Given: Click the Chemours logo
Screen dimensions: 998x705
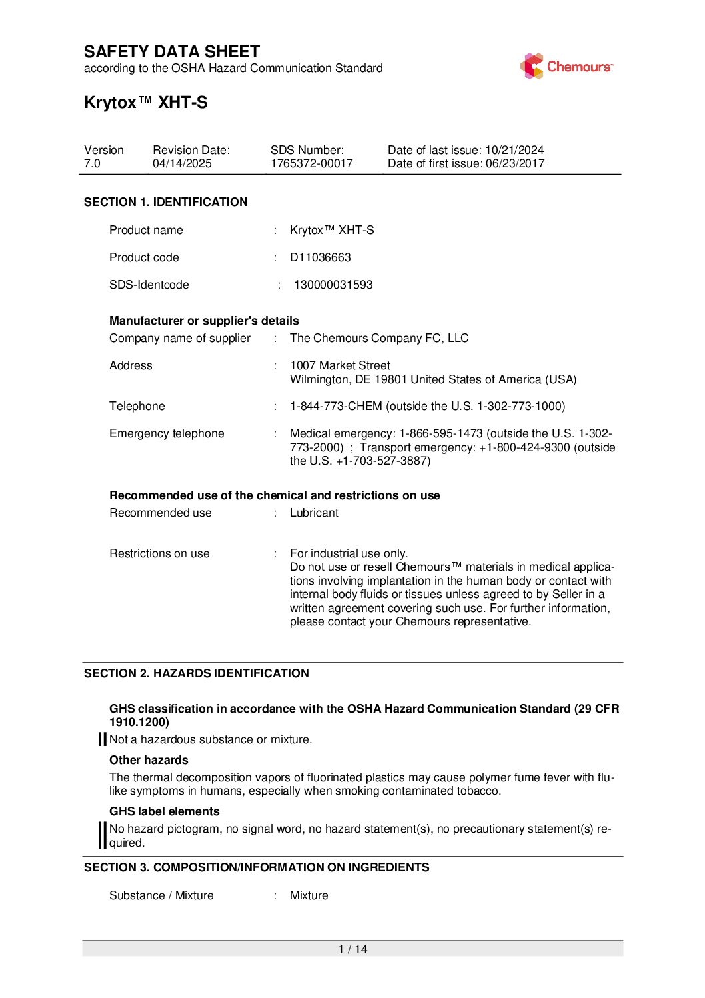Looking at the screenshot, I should [x=566, y=67].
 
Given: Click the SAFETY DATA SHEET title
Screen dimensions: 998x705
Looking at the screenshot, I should [x=172, y=52].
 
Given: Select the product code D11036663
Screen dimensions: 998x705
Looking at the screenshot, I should [x=320, y=257].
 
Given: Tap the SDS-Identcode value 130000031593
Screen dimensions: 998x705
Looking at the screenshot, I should [x=333, y=285].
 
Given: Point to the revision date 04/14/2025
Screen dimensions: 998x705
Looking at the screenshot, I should [x=182, y=163].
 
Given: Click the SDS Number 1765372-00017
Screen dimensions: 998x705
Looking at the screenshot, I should [x=311, y=163].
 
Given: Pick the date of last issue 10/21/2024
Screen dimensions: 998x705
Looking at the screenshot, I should [x=514, y=150].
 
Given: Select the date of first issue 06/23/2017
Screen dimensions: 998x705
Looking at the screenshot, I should [x=515, y=163].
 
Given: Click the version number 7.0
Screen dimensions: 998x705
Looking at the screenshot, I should [x=92, y=163].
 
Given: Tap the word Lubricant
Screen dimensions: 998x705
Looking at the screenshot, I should [x=314, y=513].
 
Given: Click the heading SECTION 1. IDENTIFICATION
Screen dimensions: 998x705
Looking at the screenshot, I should [x=165, y=202].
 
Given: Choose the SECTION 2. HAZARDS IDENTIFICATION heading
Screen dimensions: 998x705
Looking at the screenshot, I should [x=196, y=673].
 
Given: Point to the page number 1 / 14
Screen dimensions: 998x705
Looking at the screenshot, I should [x=352, y=949].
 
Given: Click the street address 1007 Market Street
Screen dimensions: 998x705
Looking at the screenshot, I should [x=340, y=365].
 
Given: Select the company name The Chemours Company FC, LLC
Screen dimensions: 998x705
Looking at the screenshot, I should [x=379, y=338].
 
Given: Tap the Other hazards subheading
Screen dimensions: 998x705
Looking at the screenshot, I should [x=149, y=760].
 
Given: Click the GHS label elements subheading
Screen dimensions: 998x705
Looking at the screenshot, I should [x=164, y=811].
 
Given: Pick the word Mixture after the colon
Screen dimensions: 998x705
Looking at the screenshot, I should [x=309, y=895].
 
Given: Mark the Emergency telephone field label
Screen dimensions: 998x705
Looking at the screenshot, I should [x=167, y=433].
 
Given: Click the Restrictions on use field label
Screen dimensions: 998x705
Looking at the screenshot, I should [x=159, y=553].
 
